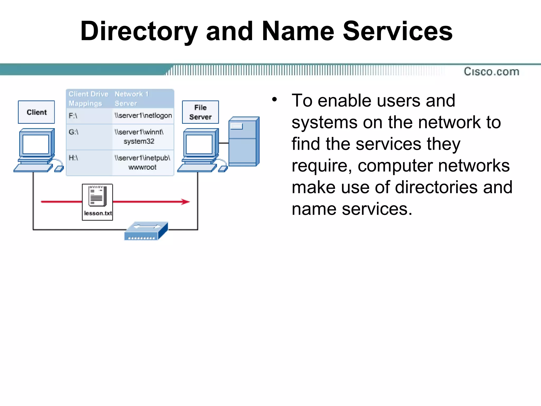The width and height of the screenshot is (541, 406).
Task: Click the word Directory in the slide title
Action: coord(139,31)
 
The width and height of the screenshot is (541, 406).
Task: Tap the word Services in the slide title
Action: coord(398,31)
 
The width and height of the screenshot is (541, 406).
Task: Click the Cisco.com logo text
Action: coord(491,72)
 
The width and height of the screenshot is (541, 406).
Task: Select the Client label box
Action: coord(36,112)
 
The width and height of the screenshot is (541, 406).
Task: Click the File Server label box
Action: coord(200,112)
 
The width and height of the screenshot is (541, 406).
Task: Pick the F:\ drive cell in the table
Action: coord(73,116)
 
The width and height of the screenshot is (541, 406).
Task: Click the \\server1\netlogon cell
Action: coord(143,116)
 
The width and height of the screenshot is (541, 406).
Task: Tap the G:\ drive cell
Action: coord(73,132)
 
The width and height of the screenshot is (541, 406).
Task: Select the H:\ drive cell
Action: coord(73,158)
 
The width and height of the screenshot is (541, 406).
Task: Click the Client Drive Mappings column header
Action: coord(88,99)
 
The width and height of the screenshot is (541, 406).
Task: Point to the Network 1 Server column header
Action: coord(132,99)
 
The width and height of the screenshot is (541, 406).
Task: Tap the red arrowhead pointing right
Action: coord(186,202)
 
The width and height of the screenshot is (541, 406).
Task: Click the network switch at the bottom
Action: coord(146,231)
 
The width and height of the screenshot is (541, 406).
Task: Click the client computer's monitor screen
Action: coord(36,144)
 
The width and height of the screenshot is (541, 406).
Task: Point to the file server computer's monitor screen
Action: coord(199,144)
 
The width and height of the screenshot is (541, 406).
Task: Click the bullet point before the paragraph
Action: coord(274,100)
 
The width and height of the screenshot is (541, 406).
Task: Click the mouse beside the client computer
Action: coord(59,169)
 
